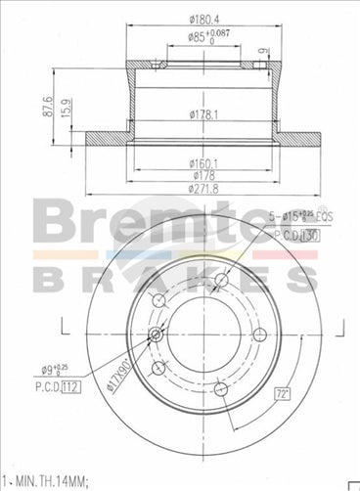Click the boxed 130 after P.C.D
tap(308, 236)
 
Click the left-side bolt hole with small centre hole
tap(157, 336)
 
